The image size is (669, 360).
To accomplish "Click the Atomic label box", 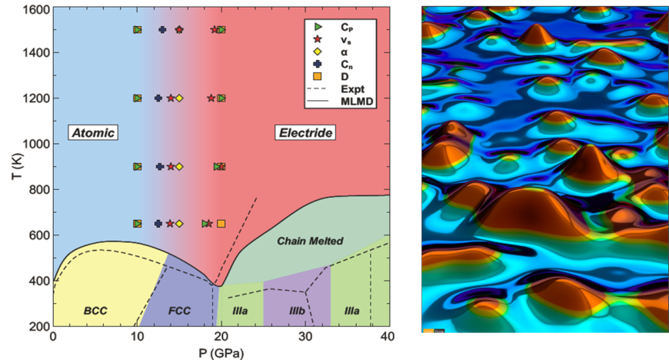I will click(x=93, y=133).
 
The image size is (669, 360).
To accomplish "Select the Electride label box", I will click(x=305, y=133).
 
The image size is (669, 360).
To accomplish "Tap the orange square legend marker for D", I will click(x=316, y=75).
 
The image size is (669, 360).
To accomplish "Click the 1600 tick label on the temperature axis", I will click(x=35, y=8).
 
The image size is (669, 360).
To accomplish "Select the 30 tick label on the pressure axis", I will click(x=305, y=335).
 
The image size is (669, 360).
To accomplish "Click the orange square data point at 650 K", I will click(x=221, y=224).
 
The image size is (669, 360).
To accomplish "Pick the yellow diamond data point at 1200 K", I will click(x=179, y=98).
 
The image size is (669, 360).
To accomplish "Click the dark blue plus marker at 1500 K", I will click(x=162, y=30).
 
